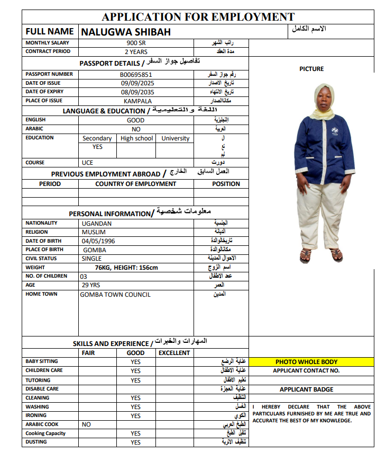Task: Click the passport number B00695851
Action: (x=136, y=75)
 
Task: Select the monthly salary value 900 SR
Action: (x=136, y=43)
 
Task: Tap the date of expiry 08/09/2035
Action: (x=136, y=92)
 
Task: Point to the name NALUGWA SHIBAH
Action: (x=126, y=32)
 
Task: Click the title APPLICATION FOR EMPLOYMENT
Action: (x=198, y=17)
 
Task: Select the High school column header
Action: (x=136, y=138)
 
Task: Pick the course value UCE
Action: (x=87, y=163)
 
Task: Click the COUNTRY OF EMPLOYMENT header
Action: (x=136, y=184)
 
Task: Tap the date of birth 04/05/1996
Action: (x=98, y=241)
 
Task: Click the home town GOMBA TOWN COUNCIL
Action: (x=115, y=295)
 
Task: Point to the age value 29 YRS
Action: (x=90, y=285)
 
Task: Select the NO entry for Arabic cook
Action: (x=86, y=424)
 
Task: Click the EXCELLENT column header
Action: (x=174, y=353)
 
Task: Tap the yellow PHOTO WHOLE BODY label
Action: (x=306, y=362)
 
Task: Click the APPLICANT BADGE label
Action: (x=306, y=389)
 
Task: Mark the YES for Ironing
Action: (x=136, y=416)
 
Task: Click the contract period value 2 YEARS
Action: (x=136, y=52)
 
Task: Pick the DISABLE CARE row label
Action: (x=42, y=389)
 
